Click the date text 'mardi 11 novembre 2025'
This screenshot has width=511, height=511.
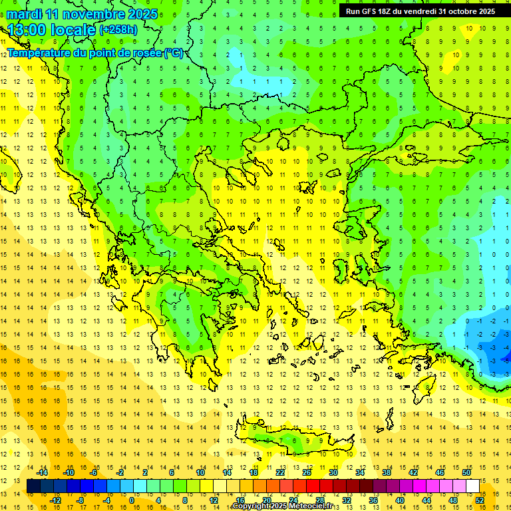83,14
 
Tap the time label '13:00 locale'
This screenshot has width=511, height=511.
52,30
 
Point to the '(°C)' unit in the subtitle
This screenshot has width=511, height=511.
174,53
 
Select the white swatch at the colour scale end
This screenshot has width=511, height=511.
473,486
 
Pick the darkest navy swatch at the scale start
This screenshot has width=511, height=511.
33,486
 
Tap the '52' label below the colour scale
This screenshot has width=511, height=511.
480,500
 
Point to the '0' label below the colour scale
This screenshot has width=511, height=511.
132,500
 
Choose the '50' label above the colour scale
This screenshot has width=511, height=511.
466,472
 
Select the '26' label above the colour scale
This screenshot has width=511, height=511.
307,472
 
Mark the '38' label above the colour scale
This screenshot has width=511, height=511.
387,472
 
